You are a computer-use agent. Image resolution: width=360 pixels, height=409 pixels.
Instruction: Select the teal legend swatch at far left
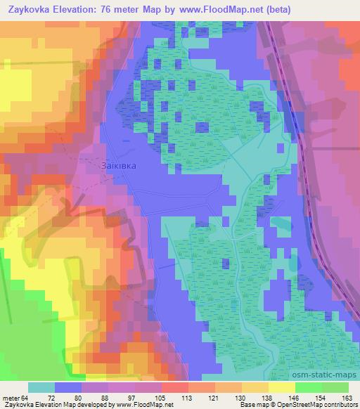41,387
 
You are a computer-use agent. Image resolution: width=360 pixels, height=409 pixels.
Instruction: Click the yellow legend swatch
281,387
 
